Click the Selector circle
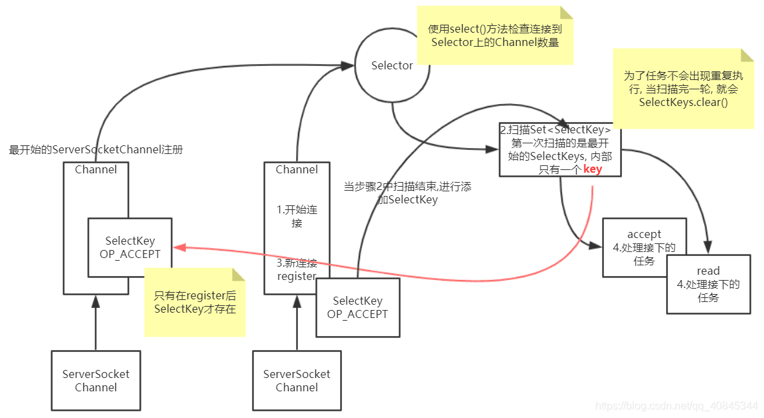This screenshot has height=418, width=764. click(x=392, y=65)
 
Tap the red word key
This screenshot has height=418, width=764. click(x=593, y=169)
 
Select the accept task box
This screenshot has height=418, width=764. click(x=644, y=247)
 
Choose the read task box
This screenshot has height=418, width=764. click(x=708, y=284)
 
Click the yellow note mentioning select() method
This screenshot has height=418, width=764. click(x=494, y=35)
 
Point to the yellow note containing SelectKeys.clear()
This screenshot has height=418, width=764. click(x=683, y=89)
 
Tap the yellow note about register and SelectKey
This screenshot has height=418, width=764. click(x=195, y=302)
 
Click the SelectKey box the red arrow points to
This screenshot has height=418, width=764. click(x=130, y=247)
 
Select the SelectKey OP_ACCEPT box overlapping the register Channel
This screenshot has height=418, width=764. click(x=357, y=307)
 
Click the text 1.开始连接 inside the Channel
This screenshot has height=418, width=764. click(x=297, y=216)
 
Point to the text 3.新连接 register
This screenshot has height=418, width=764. click(x=297, y=269)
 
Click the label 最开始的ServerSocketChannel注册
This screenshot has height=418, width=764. click(x=96, y=150)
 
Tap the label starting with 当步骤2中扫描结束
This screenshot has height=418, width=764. click(x=407, y=193)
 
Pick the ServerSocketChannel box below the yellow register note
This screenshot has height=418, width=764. click(x=96, y=381)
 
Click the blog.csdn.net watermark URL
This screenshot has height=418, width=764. click(x=677, y=405)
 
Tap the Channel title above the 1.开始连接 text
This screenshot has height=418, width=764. click(x=297, y=170)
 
